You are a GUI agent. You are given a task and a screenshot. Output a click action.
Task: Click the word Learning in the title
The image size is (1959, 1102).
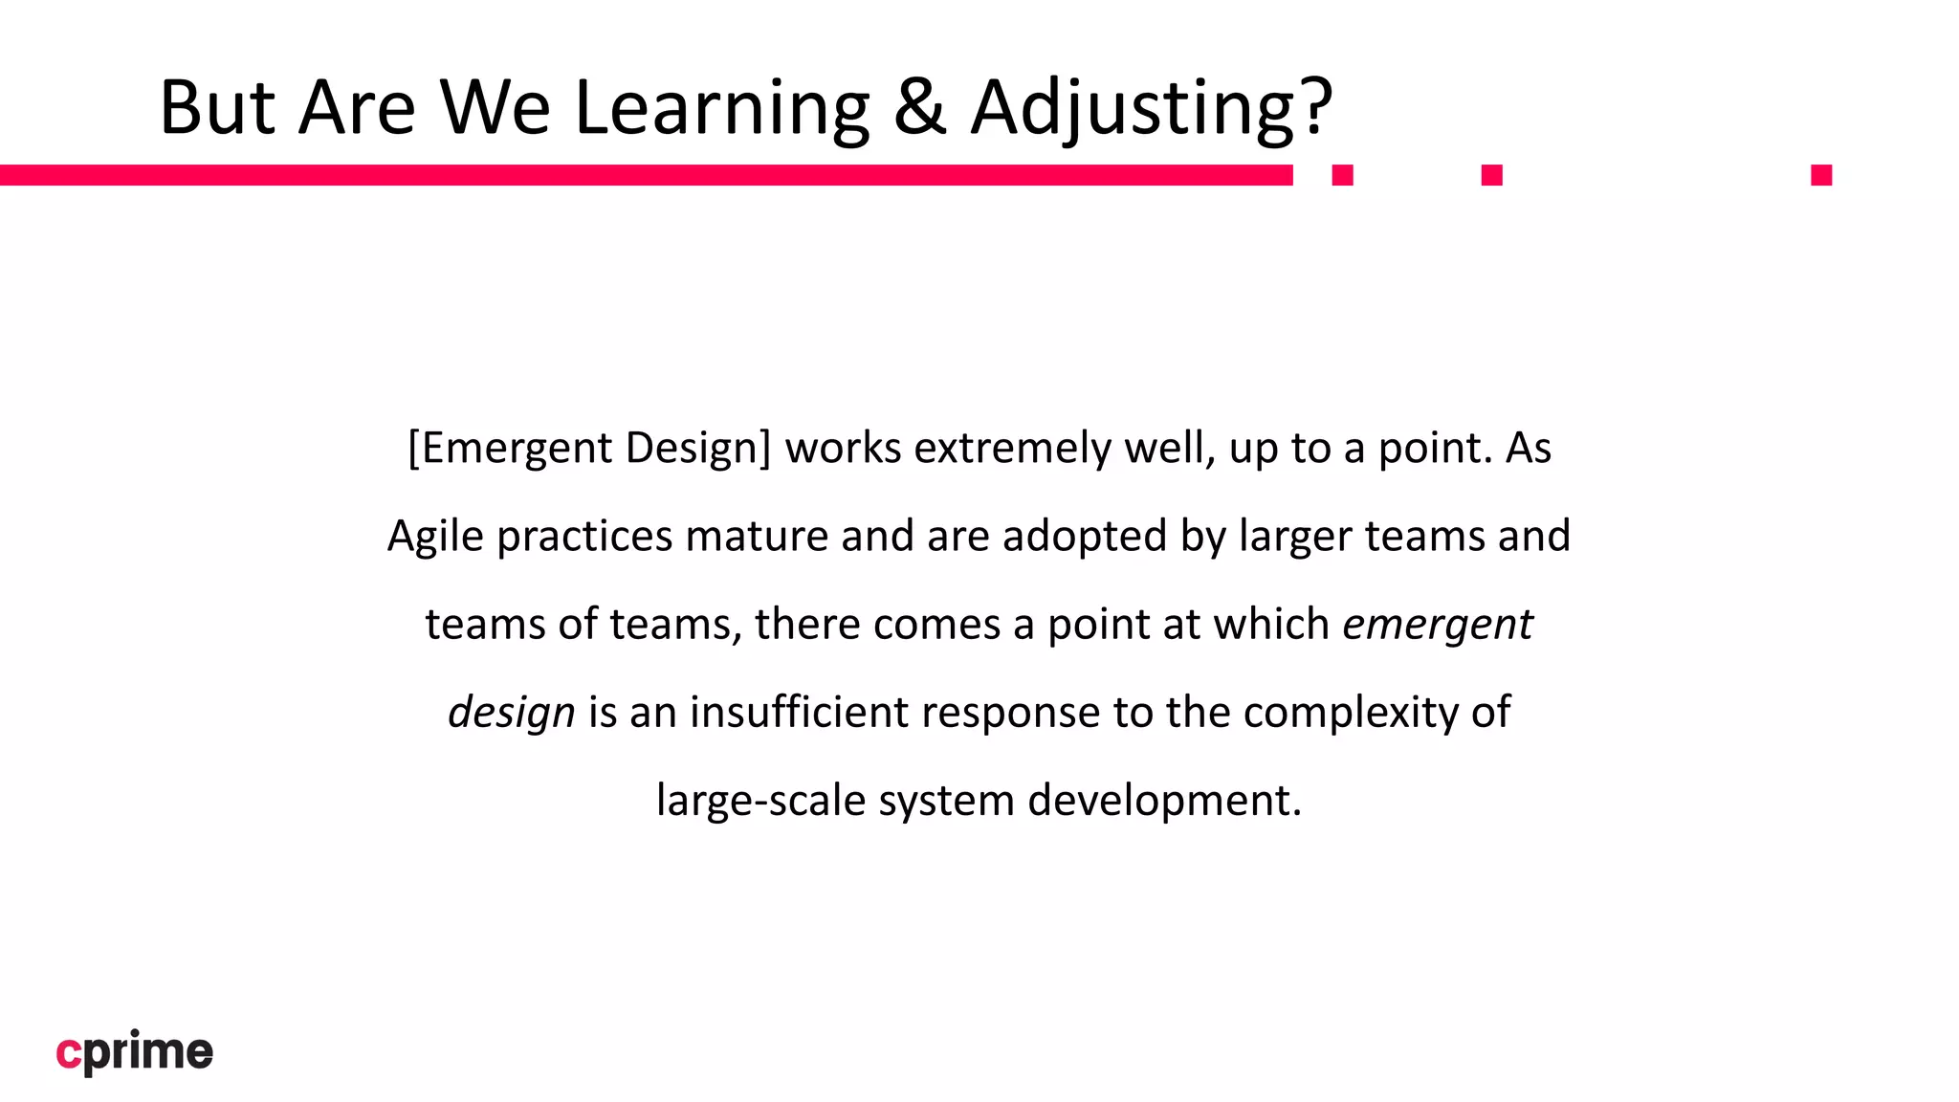click(721, 107)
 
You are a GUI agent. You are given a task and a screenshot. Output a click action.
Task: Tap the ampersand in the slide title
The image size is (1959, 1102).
click(919, 107)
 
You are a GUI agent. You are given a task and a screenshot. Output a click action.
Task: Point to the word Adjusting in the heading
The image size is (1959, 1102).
click(1133, 107)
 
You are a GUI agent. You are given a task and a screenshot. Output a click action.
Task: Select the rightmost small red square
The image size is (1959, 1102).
click(1821, 175)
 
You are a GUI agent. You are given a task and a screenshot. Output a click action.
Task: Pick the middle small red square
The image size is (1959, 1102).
click(1491, 175)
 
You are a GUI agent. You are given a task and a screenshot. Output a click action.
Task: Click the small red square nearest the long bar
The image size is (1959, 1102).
click(1342, 175)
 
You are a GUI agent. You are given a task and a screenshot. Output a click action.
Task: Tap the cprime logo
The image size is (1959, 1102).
click(135, 1052)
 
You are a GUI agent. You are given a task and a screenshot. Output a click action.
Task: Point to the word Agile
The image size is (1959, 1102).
click(435, 537)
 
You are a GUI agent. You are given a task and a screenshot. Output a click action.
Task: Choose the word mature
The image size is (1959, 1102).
click(757, 537)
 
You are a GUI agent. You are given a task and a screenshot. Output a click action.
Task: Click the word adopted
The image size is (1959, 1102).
click(1085, 537)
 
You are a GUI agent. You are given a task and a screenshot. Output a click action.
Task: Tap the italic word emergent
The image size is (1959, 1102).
click(1437, 625)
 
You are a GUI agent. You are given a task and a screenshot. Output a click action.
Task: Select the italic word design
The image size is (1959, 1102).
click(511, 713)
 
